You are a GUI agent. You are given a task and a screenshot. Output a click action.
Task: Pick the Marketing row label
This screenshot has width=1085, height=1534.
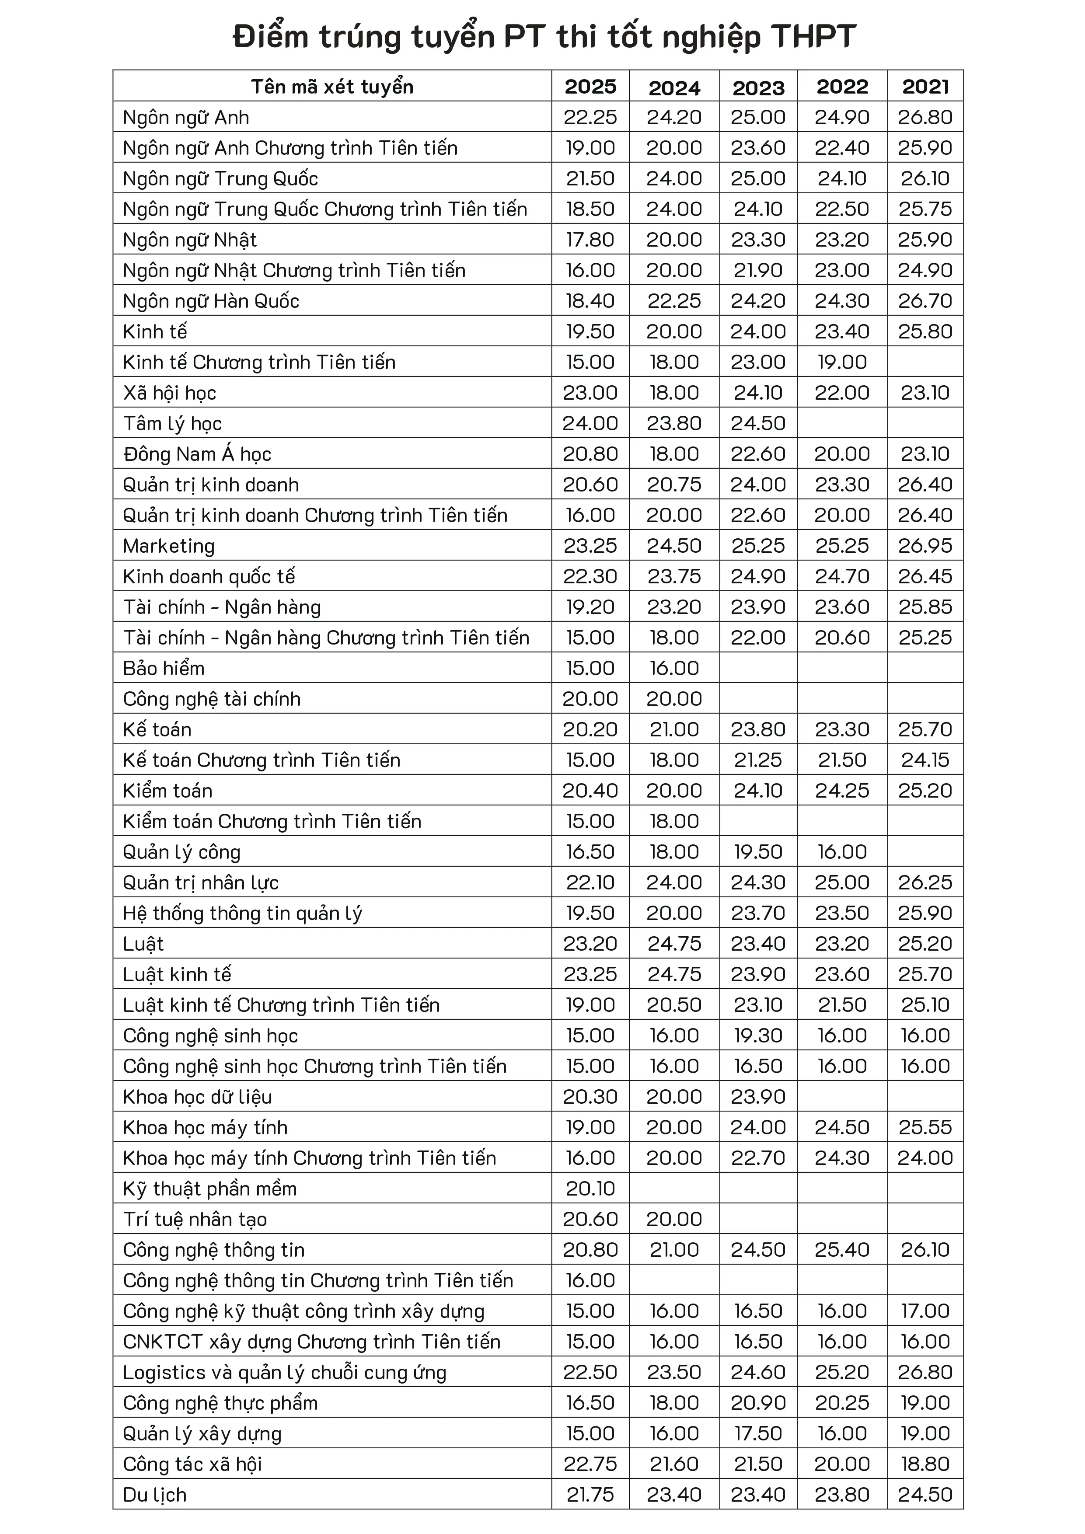tap(169, 546)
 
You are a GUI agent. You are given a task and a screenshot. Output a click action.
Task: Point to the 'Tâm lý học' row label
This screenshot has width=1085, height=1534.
tap(172, 424)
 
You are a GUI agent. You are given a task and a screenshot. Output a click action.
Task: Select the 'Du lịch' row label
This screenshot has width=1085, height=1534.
tap(155, 1495)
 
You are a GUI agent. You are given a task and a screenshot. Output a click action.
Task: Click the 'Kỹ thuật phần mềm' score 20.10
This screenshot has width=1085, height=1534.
tap(590, 1189)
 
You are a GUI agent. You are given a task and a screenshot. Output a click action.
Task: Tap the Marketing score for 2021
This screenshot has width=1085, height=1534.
tap(925, 546)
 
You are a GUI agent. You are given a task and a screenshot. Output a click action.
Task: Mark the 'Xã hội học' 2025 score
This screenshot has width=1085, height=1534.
tap(590, 393)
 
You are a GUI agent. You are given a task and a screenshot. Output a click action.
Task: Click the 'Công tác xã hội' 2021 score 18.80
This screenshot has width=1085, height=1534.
tap(925, 1464)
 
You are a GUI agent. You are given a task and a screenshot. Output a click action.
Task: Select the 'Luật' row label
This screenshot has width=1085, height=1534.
tap(143, 944)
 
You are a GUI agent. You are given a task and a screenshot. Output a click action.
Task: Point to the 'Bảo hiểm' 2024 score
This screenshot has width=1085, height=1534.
tap(674, 668)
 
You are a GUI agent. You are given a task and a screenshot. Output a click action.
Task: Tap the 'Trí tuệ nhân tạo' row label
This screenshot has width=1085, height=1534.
tap(195, 1219)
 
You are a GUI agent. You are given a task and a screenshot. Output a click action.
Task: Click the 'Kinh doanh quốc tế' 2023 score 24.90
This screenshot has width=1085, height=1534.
tap(758, 577)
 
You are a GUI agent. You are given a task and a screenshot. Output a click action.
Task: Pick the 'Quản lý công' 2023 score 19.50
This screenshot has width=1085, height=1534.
tap(758, 852)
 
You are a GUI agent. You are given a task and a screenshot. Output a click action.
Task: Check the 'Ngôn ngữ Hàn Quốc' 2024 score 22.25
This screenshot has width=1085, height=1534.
tap(674, 301)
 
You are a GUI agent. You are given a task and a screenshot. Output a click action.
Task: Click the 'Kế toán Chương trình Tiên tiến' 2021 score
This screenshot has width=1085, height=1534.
tap(925, 760)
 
